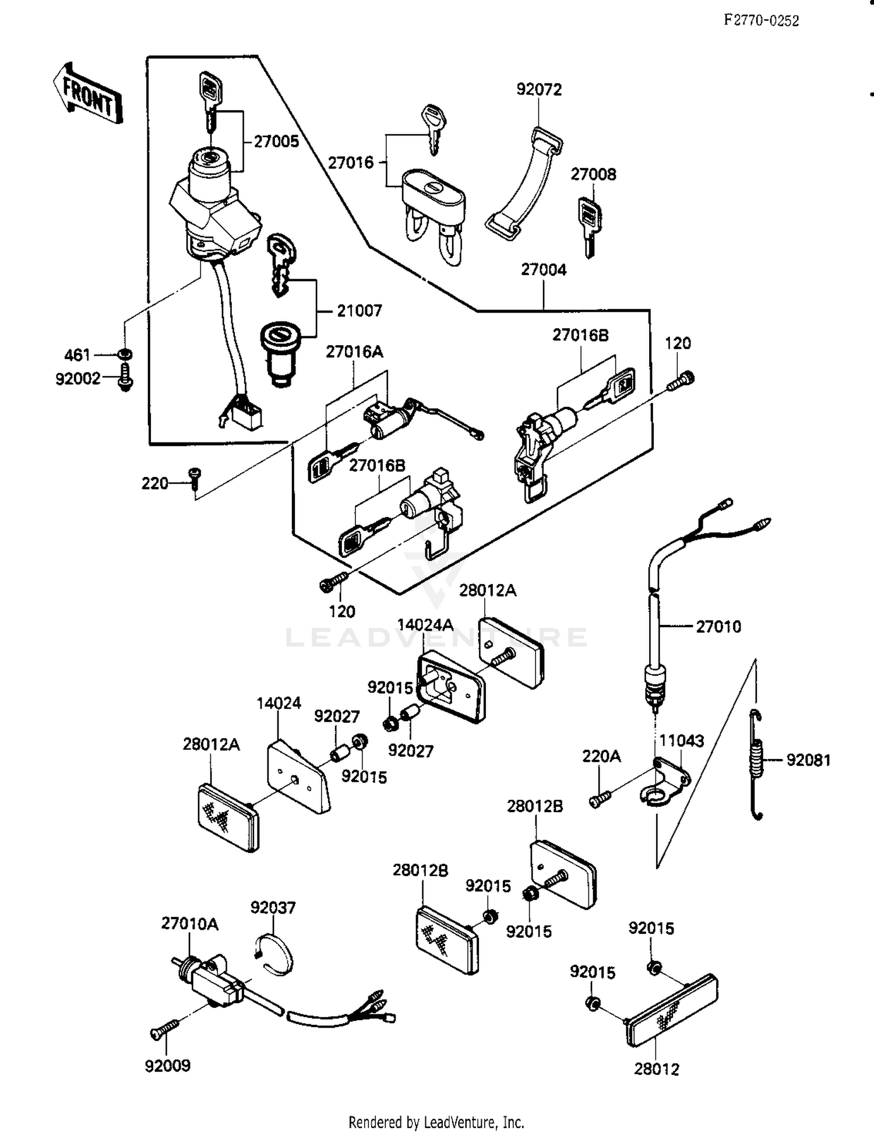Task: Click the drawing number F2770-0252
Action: (761, 21)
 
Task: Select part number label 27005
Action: (276, 142)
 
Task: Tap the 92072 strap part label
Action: (539, 90)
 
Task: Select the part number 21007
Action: (359, 311)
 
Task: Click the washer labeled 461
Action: (125, 354)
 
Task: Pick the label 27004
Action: (543, 270)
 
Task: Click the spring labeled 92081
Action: (756, 764)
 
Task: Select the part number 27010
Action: (718, 627)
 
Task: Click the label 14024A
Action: (425, 625)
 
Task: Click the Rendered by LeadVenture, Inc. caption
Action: (436, 1122)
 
